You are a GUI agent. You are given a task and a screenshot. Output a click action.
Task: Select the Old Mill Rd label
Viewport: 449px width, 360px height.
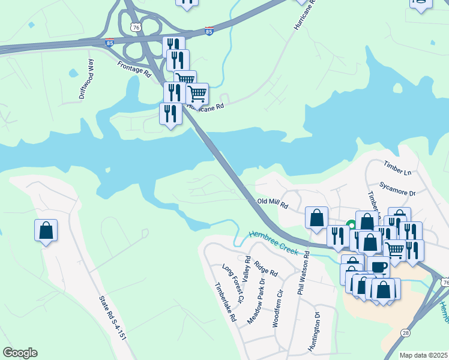point(273,204)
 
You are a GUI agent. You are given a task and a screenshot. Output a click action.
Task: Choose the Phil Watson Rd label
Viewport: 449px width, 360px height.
point(303,273)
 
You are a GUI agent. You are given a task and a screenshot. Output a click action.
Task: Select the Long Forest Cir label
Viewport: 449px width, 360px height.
point(233,283)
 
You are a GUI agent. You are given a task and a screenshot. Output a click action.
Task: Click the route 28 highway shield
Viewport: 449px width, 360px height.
point(406,331)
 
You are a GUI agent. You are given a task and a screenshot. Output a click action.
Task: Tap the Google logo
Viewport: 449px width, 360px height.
point(20,353)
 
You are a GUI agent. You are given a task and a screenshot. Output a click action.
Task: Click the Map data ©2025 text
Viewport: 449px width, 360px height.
point(423,355)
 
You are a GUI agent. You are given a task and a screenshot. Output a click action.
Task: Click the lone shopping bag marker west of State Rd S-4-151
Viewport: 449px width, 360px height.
point(46,230)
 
